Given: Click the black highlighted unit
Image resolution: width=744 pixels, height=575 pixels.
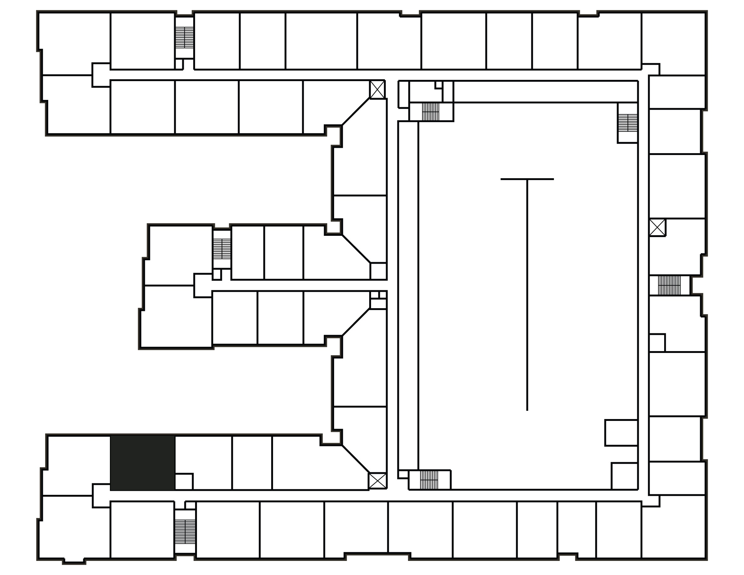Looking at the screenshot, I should [x=142, y=463].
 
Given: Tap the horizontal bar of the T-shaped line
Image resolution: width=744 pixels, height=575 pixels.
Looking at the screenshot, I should [x=527, y=179].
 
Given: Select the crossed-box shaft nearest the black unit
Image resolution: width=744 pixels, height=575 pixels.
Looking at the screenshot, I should [x=377, y=481].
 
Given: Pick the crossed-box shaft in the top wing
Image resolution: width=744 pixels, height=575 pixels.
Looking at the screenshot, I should [x=377, y=89].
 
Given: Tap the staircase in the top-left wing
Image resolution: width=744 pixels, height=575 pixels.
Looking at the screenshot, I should [x=184, y=38].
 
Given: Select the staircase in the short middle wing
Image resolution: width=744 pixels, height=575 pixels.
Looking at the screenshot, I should [x=222, y=249].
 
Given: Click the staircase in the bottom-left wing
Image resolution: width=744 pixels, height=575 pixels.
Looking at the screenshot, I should [x=185, y=532].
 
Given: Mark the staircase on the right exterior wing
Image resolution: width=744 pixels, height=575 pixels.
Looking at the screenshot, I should [x=669, y=285].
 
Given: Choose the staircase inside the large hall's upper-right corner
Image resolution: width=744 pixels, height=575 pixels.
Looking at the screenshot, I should [x=628, y=123].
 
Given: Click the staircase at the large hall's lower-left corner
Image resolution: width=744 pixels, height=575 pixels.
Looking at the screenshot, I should [x=429, y=479].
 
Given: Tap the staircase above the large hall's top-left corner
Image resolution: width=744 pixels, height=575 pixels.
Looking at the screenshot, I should [x=431, y=111].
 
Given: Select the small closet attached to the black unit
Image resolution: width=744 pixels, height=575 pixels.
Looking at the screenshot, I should [x=184, y=481].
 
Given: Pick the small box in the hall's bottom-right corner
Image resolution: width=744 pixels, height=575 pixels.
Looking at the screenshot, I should [x=624, y=476].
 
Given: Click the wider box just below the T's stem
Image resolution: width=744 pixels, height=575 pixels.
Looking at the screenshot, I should [x=621, y=433].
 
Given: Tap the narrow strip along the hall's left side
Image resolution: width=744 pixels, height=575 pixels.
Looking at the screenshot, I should [x=408, y=295].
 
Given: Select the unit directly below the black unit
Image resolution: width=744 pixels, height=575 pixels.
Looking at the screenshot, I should [x=142, y=531].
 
